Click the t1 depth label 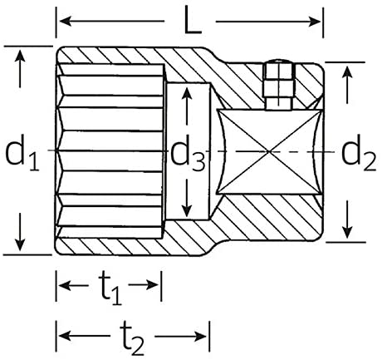pyautogui.click(x=110, y=289)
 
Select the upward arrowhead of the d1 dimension pyautogui.click(x=20, y=55)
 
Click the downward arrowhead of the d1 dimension pyautogui.click(x=20, y=244)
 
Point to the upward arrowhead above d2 pyautogui.click(x=347, y=72)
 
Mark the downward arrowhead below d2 pyautogui.click(x=347, y=232)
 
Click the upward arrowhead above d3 pyautogui.click(x=188, y=93)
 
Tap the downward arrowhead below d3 pyautogui.click(x=188, y=211)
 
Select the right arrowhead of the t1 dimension pyautogui.click(x=152, y=284)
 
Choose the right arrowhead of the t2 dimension pyautogui.click(x=200, y=337)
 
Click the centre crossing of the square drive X pyautogui.click(x=270, y=151)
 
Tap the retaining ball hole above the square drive pyautogui.click(x=279, y=86)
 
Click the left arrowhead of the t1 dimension pyautogui.click(x=66, y=284)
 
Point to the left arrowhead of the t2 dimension pyautogui.click(x=66, y=337)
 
